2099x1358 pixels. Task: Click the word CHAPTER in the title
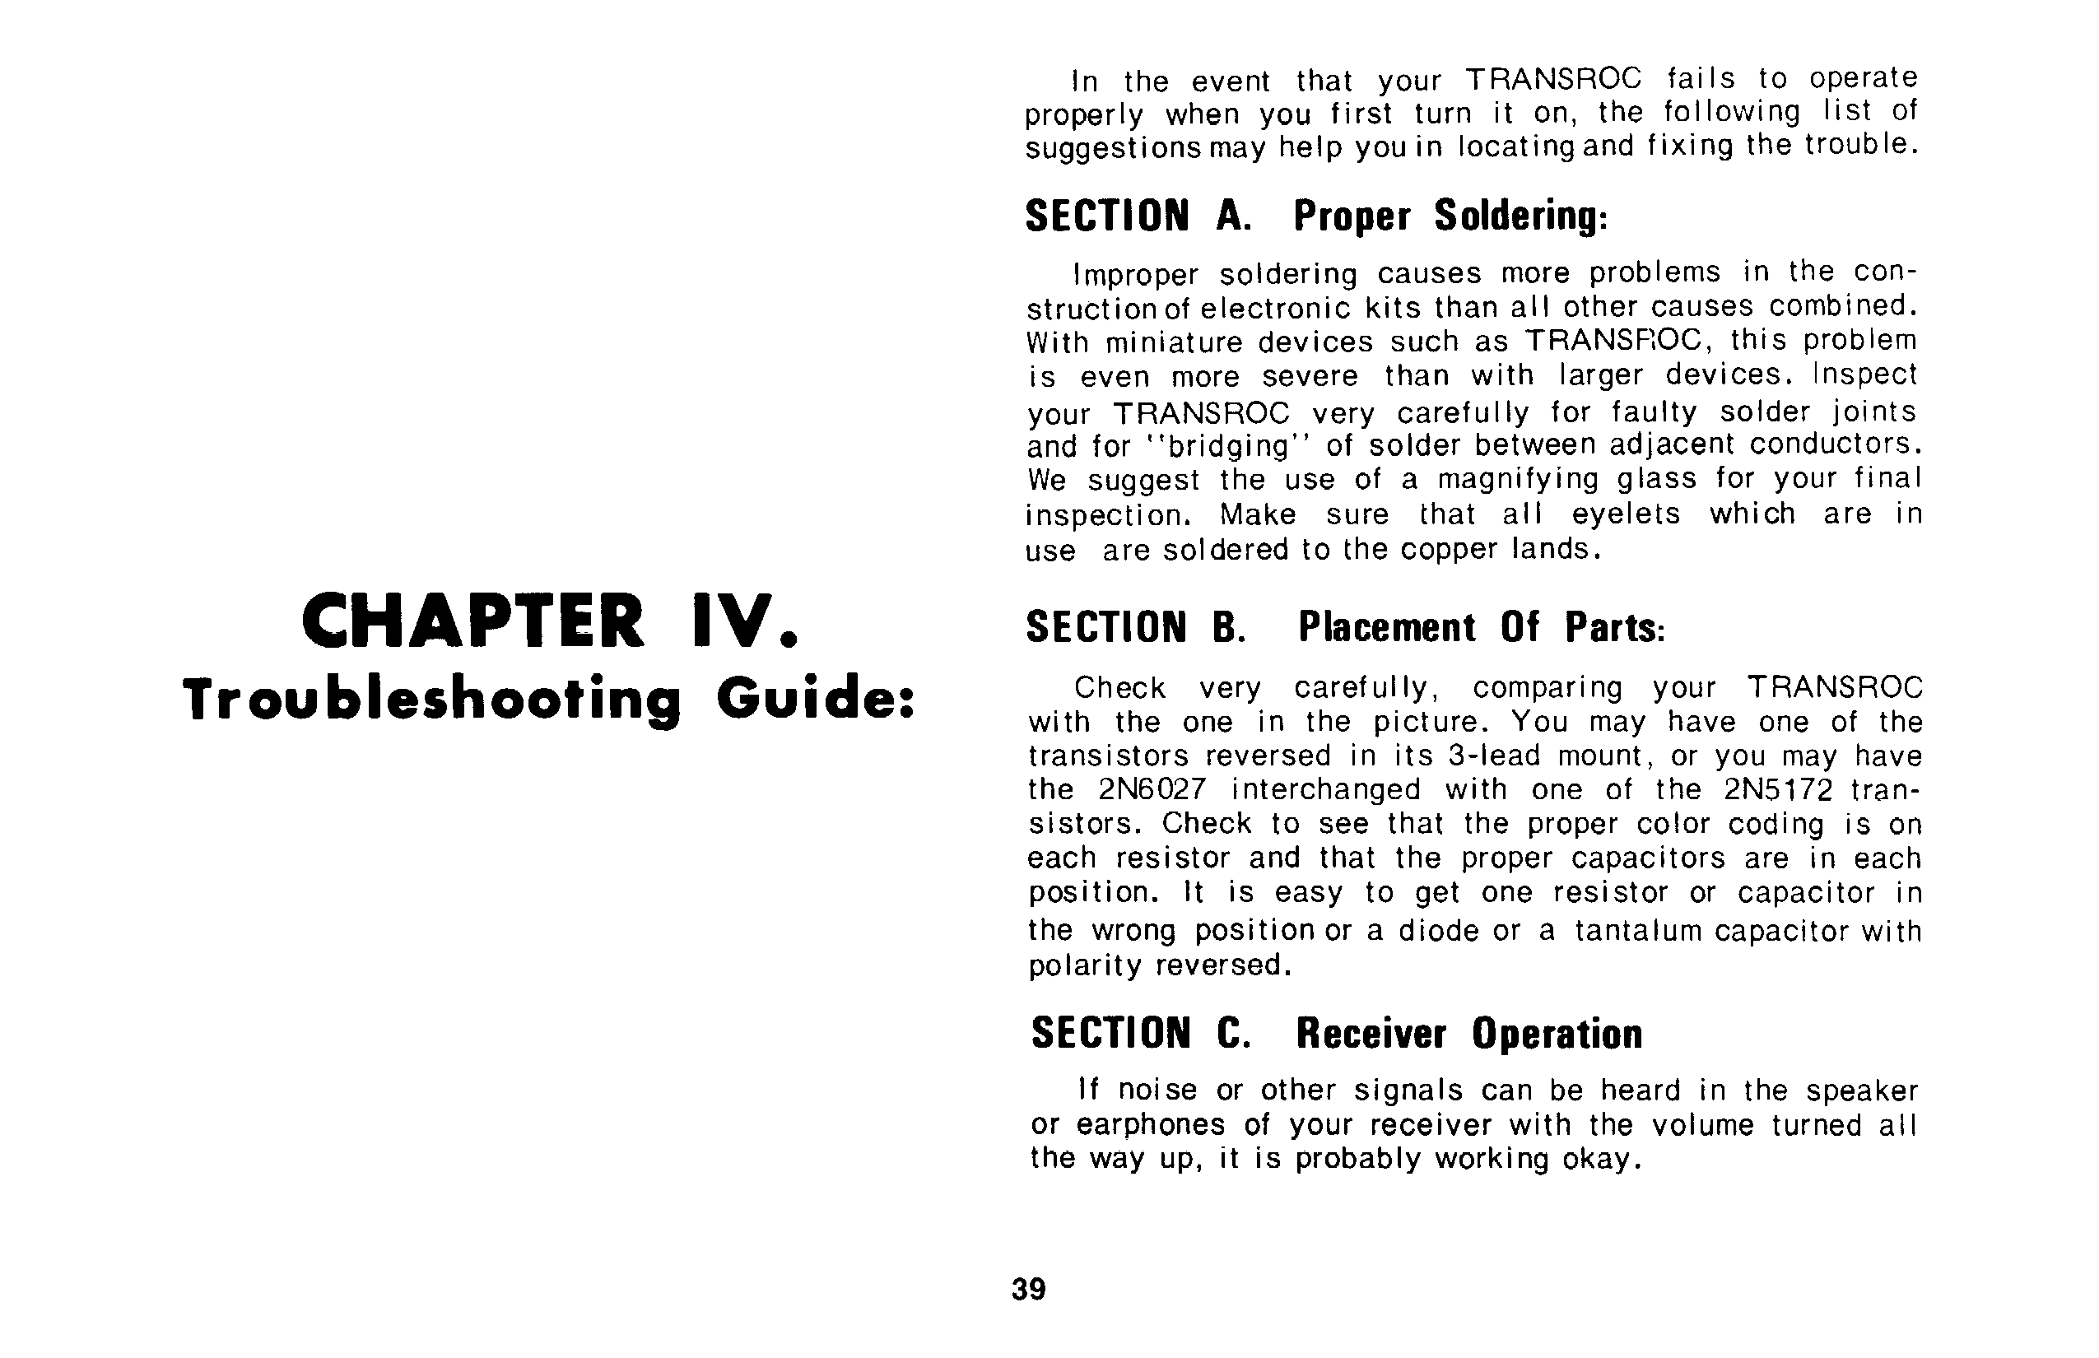click(472, 621)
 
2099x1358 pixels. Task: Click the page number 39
click(1028, 1289)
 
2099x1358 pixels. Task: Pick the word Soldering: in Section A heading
click(1520, 216)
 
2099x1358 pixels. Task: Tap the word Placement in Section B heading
click(1386, 627)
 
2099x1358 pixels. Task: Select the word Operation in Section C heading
click(1557, 1034)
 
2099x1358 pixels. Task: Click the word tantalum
click(1639, 931)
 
